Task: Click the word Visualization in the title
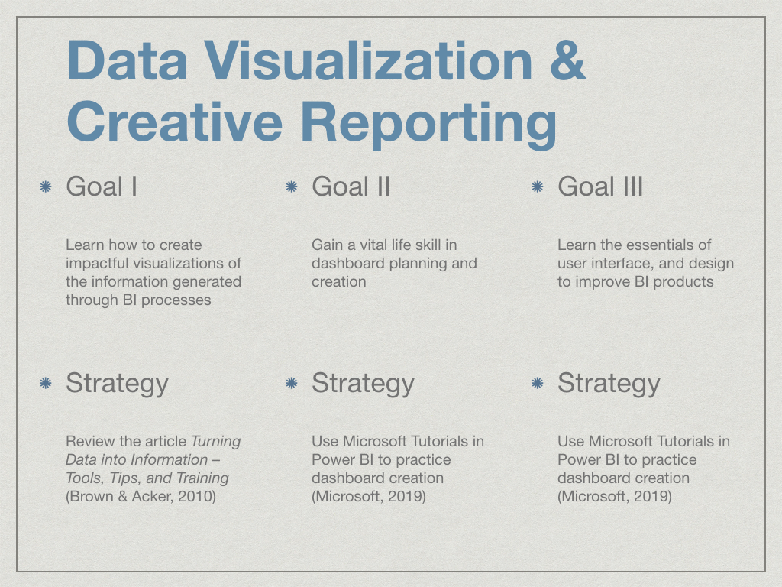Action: click(369, 60)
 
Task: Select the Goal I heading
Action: click(102, 186)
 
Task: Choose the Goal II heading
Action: click(351, 186)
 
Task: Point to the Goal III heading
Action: click(600, 186)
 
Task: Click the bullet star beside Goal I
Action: click(45, 186)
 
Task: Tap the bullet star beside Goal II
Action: click(291, 186)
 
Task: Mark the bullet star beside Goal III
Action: click(537, 186)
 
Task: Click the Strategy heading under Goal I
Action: click(117, 384)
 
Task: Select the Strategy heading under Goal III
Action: click(609, 384)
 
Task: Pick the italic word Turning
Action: click(216, 442)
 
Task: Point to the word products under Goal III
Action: click(683, 282)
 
